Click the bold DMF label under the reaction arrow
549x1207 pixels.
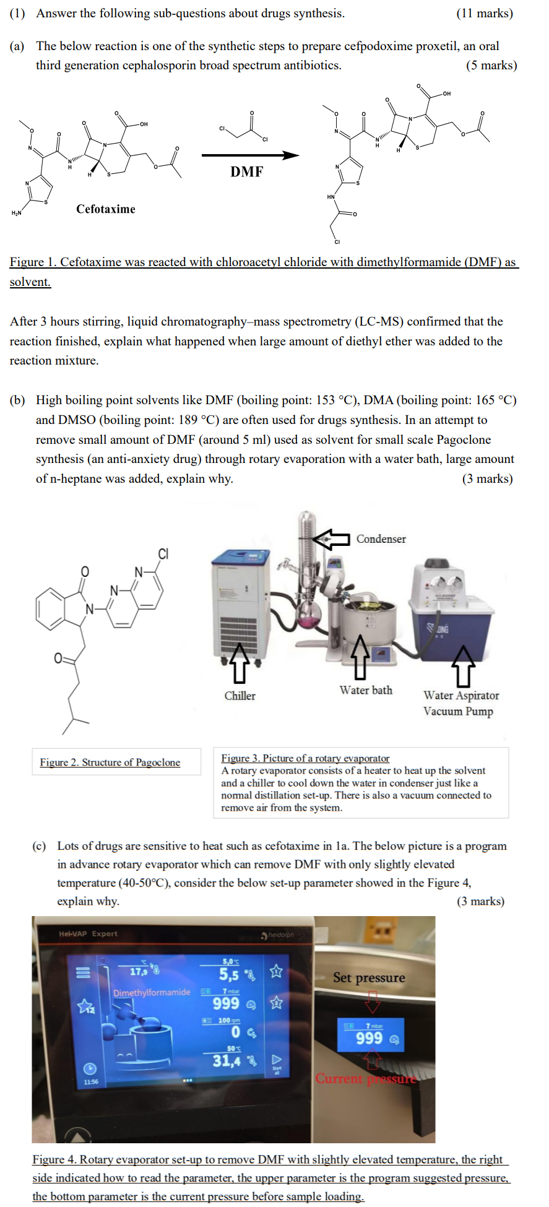(x=246, y=172)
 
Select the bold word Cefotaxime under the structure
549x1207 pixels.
(x=106, y=209)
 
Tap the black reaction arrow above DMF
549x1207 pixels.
(x=250, y=155)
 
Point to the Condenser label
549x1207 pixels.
(x=381, y=539)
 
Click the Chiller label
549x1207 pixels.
(x=240, y=696)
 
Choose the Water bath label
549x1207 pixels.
(x=365, y=690)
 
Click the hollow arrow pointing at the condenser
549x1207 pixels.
(x=331, y=539)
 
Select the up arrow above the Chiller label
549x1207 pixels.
(x=239, y=662)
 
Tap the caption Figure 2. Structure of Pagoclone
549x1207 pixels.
(x=110, y=763)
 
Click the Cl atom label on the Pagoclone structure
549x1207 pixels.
(x=163, y=553)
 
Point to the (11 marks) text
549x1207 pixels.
(x=484, y=13)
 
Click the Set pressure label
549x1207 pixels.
(x=369, y=978)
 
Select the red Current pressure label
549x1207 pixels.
(x=366, y=1079)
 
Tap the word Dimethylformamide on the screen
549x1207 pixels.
(x=152, y=992)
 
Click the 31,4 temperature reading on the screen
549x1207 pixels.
(x=227, y=1061)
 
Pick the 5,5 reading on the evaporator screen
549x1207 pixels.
(x=228, y=974)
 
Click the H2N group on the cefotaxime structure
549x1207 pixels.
(x=16, y=213)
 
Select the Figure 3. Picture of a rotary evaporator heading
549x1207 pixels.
(x=305, y=758)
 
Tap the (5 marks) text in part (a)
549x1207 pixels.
(x=491, y=65)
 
